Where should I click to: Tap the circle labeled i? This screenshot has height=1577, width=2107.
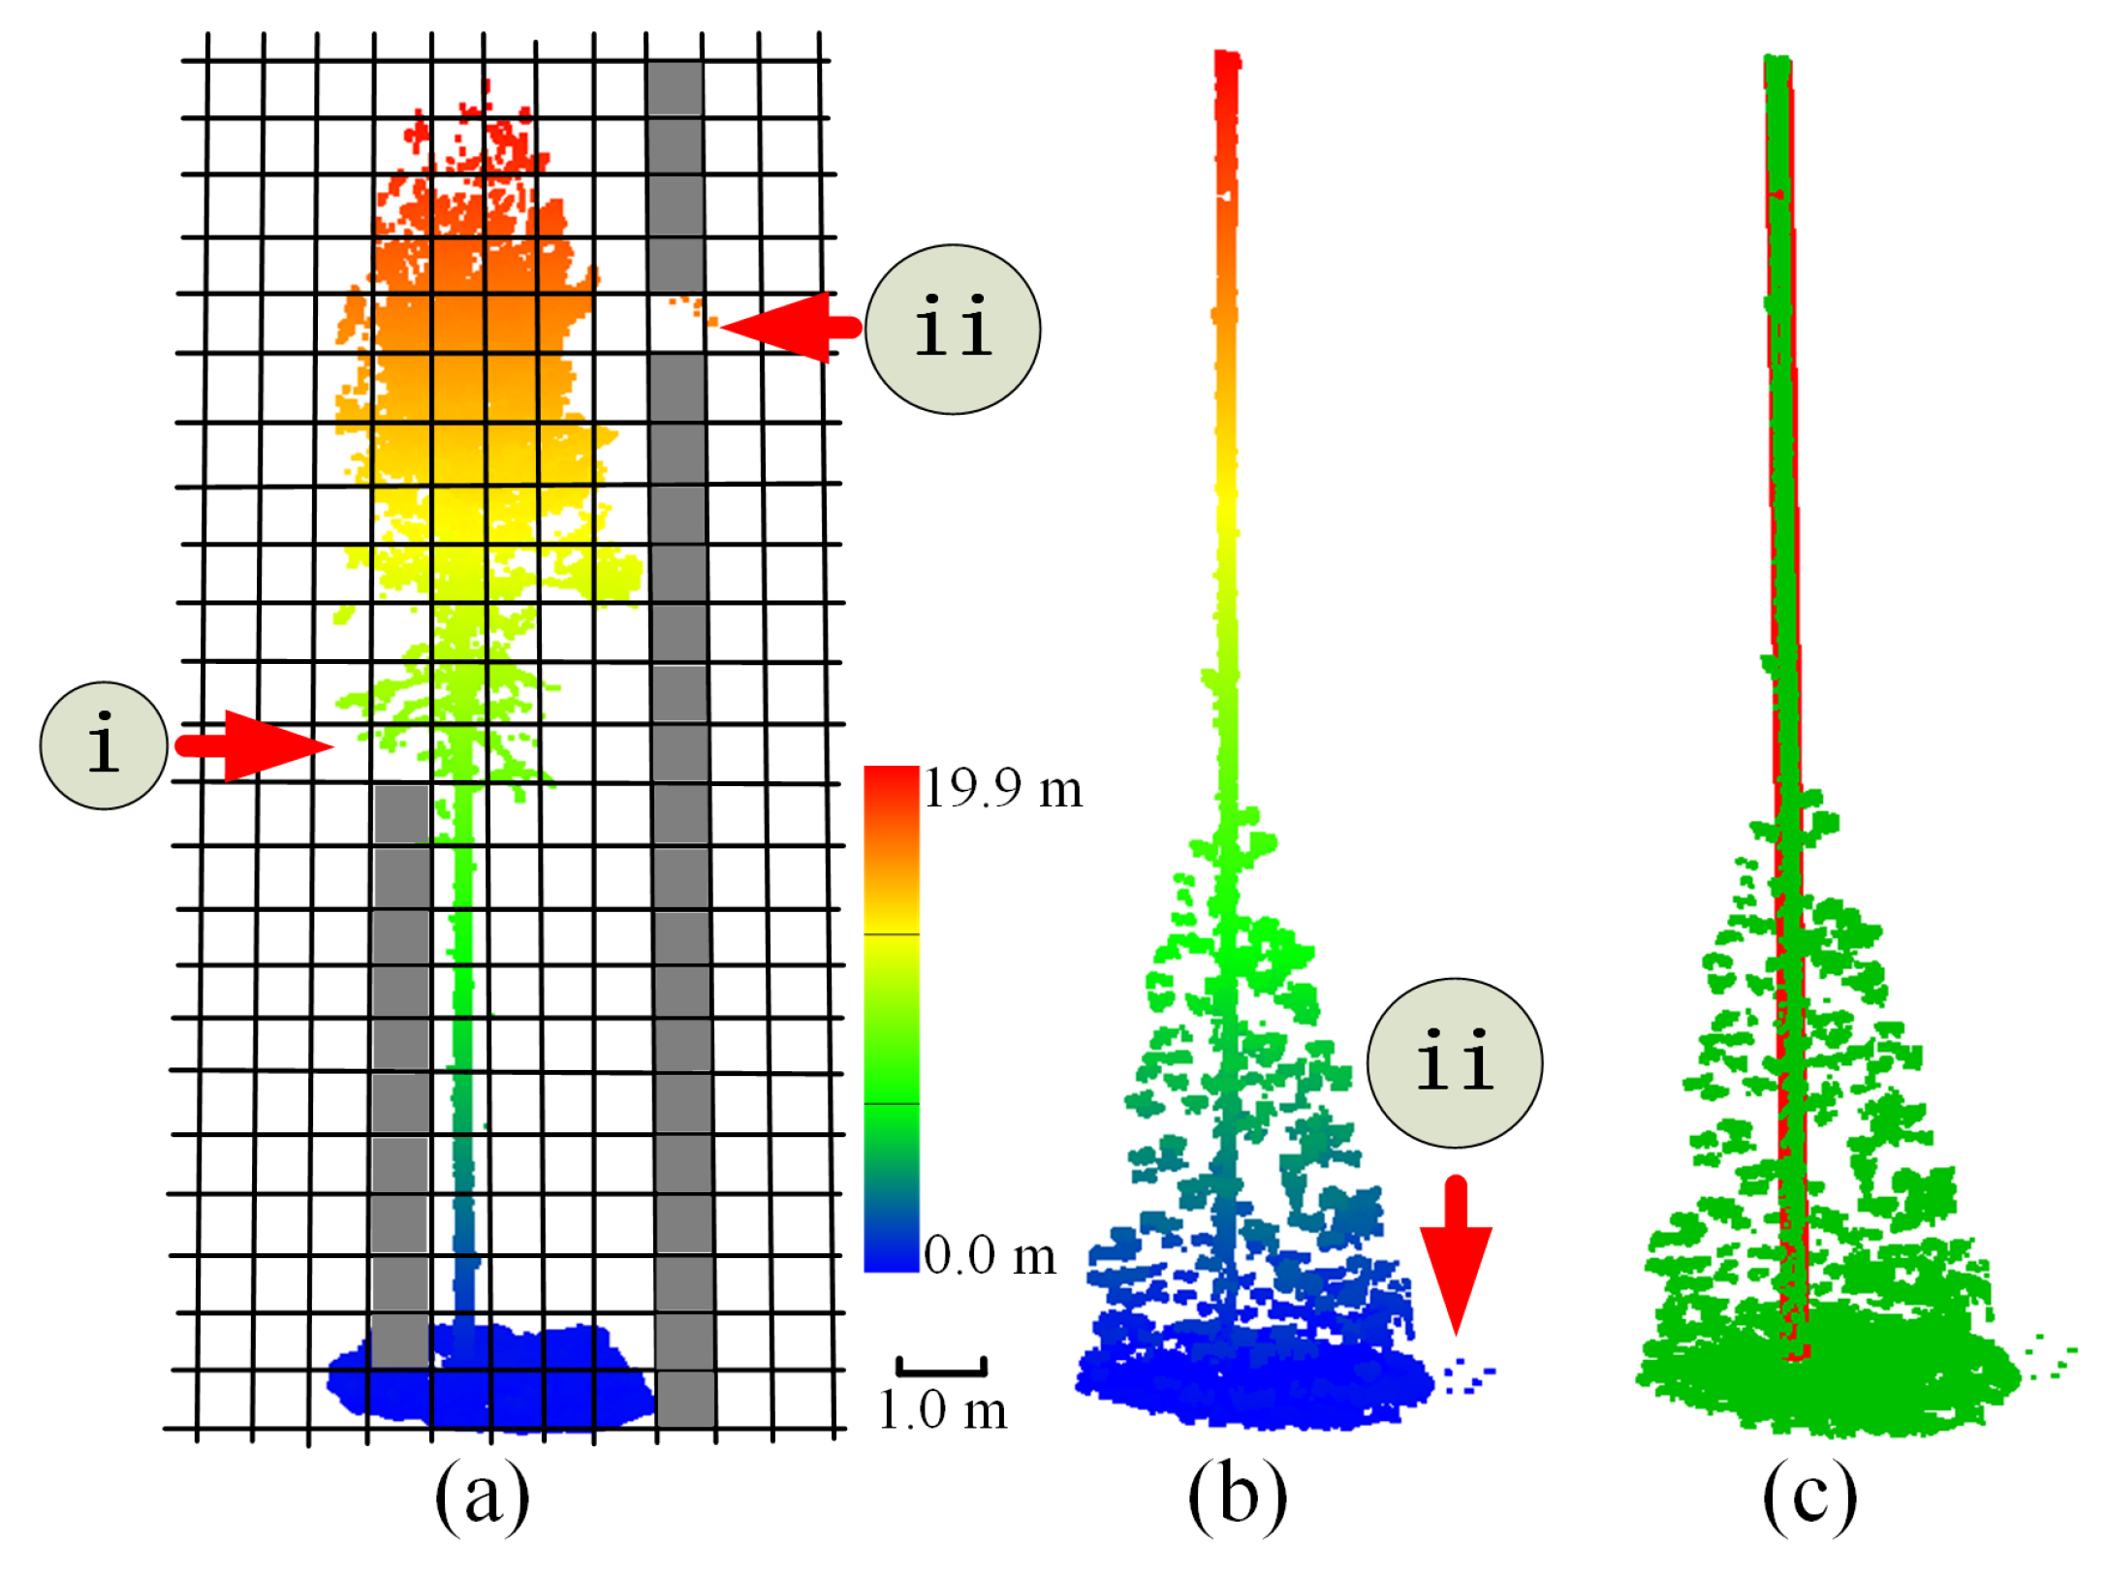coord(104,745)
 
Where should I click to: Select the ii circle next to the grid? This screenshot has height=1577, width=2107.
coord(952,330)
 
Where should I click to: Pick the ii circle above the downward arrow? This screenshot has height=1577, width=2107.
coord(1454,1062)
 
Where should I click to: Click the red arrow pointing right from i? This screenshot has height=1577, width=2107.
coord(257,745)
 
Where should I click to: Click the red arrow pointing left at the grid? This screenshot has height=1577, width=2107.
coord(790,328)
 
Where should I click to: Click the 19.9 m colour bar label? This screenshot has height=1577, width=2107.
coord(1002,788)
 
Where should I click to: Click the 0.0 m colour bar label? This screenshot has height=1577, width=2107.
coord(989,1256)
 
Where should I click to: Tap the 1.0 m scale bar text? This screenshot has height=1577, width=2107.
coord(942,1410)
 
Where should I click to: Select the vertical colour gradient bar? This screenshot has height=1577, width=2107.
coord(891,1018)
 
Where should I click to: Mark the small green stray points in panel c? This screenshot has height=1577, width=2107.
coord(2050,1357)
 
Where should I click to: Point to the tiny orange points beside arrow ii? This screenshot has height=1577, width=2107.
coord(698,308)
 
